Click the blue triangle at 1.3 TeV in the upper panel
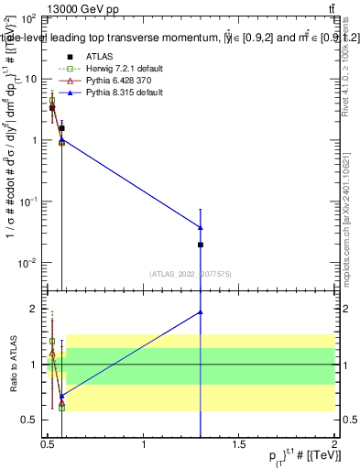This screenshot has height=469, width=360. click(200, 227)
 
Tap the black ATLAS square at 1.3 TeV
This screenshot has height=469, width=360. click(200, 245)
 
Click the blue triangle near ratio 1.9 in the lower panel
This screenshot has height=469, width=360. click(200, 312)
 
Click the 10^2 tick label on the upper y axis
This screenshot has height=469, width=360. click(27, 18)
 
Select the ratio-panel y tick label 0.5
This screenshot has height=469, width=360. click(29, 420)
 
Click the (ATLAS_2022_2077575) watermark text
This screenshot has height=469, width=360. click(191, 273)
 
